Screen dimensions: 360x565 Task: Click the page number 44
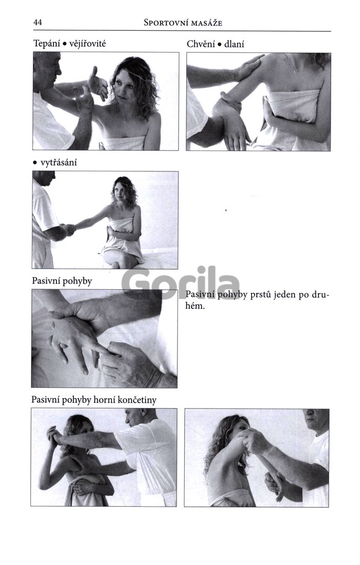point(38,22)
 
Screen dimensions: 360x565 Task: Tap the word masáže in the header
point(207,23)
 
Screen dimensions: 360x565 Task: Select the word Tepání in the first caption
point(46,44)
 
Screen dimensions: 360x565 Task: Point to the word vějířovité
point(87,44)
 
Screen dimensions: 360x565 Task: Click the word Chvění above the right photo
point(201,44)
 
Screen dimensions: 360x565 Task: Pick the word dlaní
point(234,44)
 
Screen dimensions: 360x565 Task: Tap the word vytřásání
point(58,163)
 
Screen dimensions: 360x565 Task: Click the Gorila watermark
point(181,283)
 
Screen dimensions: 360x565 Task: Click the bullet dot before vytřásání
point(35,163)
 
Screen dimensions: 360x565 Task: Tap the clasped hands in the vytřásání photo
point(68,228)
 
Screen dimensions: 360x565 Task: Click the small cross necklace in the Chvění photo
point(295,72)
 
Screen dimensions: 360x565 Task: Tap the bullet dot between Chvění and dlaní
point(219,45)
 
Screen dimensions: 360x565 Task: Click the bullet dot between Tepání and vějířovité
point(64,44)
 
